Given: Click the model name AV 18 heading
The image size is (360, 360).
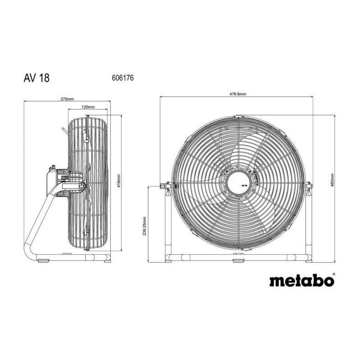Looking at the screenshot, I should tap(37, 77).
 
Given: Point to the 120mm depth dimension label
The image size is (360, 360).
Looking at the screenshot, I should tap(88, 107).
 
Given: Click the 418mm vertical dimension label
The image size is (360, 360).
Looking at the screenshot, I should tap(118, 182).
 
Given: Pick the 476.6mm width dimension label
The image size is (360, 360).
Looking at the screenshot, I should tap(238, 94).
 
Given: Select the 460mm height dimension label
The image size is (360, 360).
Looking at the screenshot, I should tap(332, 181).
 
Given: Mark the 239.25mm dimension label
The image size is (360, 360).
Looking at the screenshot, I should tap(144, 224).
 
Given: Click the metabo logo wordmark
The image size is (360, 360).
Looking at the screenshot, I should tap(301, 281).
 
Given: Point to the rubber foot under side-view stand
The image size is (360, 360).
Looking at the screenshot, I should tap(44, 260).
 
